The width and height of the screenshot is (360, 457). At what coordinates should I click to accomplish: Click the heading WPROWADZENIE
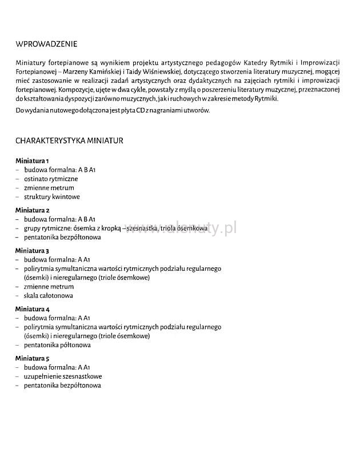click(46, 44)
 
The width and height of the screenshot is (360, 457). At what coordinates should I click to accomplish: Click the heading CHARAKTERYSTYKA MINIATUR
click(69, 140)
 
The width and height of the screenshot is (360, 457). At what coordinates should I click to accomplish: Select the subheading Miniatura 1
click(33, 161)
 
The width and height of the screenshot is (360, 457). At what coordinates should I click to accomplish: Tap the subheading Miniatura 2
click(33, 210)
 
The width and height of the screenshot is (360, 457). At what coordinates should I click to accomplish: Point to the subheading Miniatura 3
click(33, 251)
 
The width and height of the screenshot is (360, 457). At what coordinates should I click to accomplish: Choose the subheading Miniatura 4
click(33, 309)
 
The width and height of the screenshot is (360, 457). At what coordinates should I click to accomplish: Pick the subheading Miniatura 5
click(33, 358)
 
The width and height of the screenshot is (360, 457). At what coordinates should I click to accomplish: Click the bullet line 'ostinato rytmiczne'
click(51, 179)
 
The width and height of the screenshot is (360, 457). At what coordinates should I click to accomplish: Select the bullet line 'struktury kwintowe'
click(51, 197)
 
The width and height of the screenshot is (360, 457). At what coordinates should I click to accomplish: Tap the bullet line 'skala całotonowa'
click(48, 295)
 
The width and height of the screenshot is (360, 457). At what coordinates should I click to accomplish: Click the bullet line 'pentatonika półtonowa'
click(57, 345)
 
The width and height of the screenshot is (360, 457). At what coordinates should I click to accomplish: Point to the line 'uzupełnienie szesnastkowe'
click(63, 376)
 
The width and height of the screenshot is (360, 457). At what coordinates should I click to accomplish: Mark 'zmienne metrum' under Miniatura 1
click(49, 188)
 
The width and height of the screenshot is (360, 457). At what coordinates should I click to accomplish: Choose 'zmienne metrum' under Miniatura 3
click(49, 287)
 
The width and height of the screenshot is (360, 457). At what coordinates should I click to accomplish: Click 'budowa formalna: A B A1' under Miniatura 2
click(59, 219)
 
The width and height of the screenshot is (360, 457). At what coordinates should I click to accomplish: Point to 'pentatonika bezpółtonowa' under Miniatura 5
click(62, 386)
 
